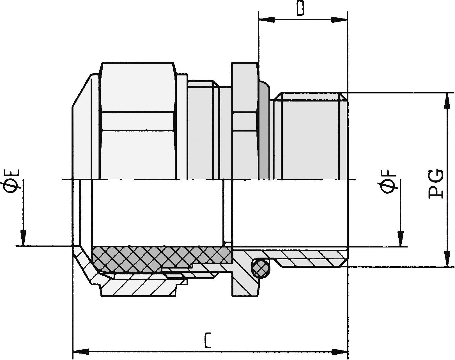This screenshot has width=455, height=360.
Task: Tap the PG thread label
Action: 436,185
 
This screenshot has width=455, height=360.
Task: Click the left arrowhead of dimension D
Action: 266,20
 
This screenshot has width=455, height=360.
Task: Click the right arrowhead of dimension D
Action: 339,20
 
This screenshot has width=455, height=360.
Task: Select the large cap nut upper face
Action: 137,87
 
